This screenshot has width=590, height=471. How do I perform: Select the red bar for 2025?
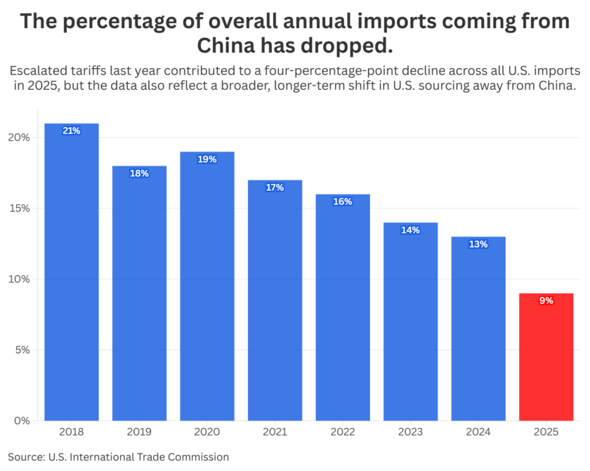point(546,357)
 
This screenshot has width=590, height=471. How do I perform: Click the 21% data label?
point(72,131)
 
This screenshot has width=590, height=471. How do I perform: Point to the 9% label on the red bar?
point(546,300)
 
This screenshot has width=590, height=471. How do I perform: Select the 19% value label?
point(207,159)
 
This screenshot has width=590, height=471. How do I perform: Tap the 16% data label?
point(343,201)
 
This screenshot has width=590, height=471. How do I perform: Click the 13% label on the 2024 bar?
point(478,244)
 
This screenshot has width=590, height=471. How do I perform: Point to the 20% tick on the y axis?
point(20,138)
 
